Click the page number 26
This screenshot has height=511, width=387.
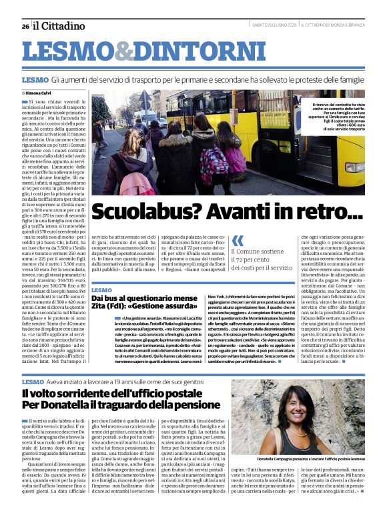pos(25,26)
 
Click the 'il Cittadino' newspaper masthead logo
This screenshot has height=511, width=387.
pos(59,25)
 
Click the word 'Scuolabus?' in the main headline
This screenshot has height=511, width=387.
pos(145,212)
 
